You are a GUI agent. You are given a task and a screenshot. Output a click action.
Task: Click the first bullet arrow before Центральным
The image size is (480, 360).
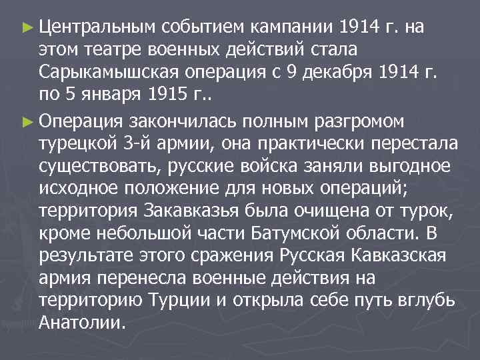click(x=26, y=27)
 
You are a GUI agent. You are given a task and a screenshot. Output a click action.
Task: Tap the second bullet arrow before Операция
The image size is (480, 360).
click(x=26, y=120)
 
